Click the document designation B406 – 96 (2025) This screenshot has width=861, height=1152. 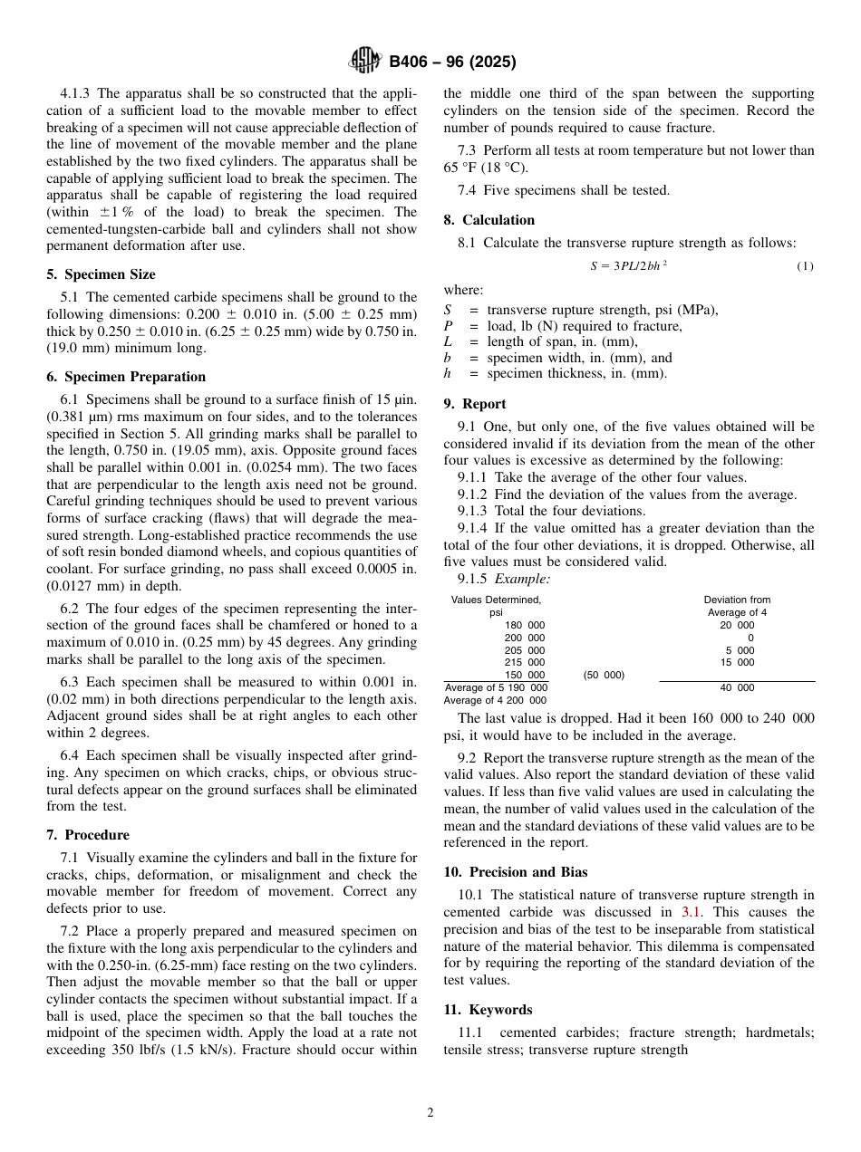tap(452, 62)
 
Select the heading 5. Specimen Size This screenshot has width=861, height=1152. tap(101, 274)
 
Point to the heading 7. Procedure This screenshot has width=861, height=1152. tap(88, 835)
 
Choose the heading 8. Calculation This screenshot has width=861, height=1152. tap(489, 220)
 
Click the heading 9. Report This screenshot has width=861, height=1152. tap(475, 404)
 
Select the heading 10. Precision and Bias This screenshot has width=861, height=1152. tap(515, 872)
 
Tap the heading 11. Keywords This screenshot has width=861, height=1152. tap(488, 1010)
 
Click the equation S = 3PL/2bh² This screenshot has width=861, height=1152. tap(628, 265)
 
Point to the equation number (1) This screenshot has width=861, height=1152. tap(805, 265)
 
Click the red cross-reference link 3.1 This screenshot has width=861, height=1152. tap(691, 912)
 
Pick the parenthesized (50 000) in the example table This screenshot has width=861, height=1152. tap(603, 676)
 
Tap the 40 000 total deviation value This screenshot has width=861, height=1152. tap(737, 688)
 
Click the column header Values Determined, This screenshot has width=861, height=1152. tap(496, 600)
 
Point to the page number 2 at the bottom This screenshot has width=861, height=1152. tap(430, 1113)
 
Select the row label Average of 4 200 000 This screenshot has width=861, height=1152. tap(495, 700)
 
